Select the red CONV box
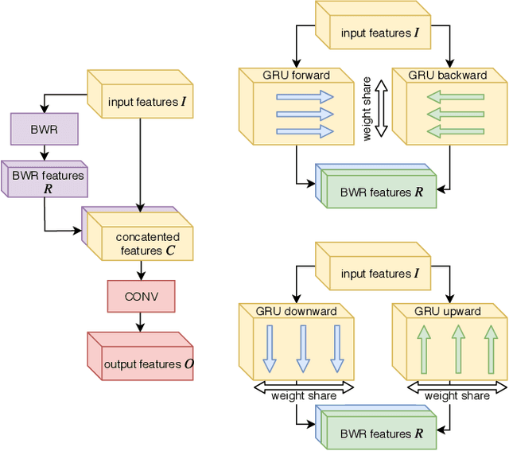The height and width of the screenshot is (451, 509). click(x=142, y=297)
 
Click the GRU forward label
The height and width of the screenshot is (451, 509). click(x=284, y=76)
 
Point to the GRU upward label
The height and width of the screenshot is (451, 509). click(x=448, y=311)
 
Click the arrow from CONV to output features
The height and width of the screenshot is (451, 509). click(x=142, y=322)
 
